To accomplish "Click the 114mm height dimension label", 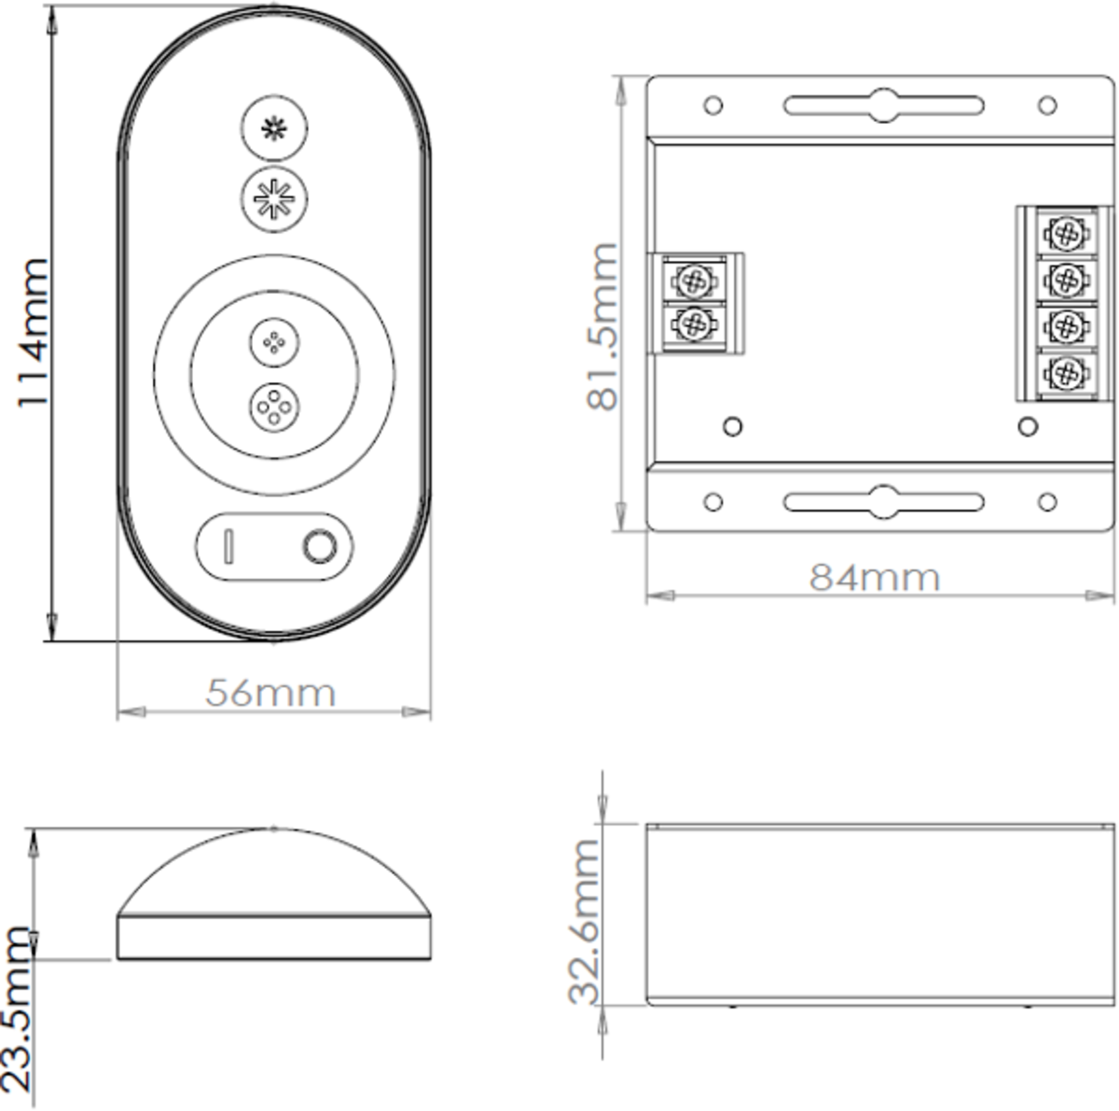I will [x=33, y=333].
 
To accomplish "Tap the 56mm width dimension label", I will [x=270, y=693].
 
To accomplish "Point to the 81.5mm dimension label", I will [x=602, y=326].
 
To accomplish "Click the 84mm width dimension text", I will [x=874, y=578].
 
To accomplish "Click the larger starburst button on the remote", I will [x=274, y=199].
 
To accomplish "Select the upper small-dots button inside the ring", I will [x=274, y=342].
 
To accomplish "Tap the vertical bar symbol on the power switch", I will [x=228, y=546].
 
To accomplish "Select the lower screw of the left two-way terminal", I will [x=693, y=323].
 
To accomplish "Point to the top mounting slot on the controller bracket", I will [x=883, y=104].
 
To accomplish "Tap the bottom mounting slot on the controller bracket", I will [x=883, y=501].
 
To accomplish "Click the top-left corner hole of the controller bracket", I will [x=713, y=104].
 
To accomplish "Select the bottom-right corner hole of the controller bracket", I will [x=1047, y=502].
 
